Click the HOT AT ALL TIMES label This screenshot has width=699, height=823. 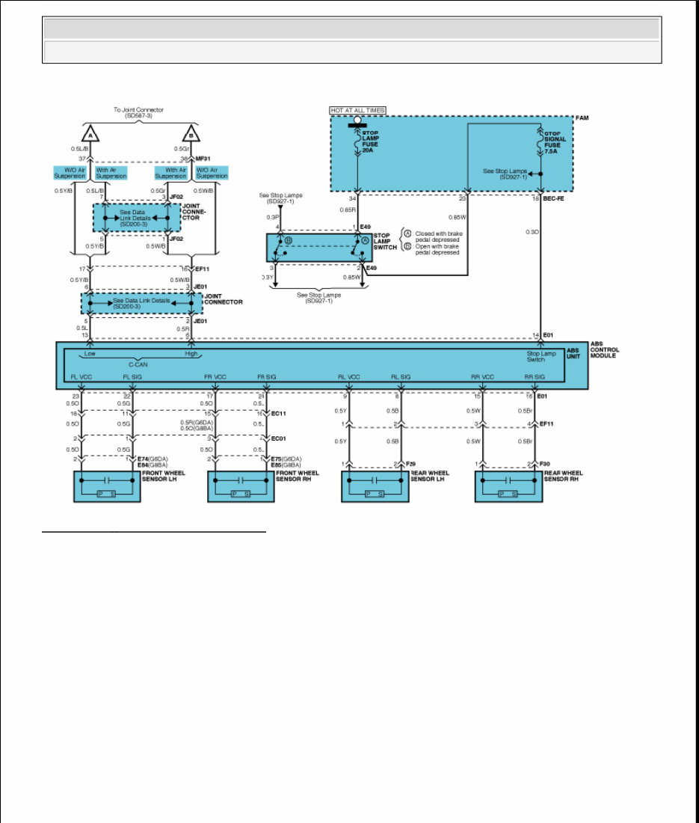pyautogui.click(x=358, y=111)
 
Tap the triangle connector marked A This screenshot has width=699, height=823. pyautogui.click(x=90, y=135)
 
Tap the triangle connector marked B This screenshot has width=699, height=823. pyautogui.click(x=191, y=135)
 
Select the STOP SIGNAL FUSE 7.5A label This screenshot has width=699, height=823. pyautogui.click(x=556, y=141)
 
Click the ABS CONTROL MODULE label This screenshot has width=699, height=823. pyautogui.click(x=604, y=350)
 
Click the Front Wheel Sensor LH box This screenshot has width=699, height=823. pyautogui.click(x=107, y=486)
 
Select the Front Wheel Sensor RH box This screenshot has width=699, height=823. pyautogui.click(x=240, y=486)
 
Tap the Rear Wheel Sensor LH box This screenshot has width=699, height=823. pyautogui.click(x=375, y=486)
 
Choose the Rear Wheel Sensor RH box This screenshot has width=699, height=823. pyautogui.click(x=508, y=486)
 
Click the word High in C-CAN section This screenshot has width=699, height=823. pyautogui.click(x=191, y=354)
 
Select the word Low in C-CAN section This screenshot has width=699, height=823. pyautogui.click(x=90, y=354)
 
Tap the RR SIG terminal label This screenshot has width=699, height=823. pyautogui.click(x=534, y=377)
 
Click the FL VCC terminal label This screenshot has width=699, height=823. pyautogui.click(x=81, y=377)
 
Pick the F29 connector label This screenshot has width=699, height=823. pyautogui.click(x=410, y=465)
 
